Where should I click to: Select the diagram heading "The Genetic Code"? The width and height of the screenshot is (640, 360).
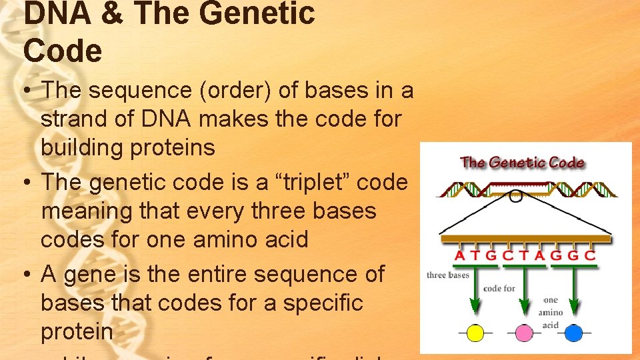point(522,162)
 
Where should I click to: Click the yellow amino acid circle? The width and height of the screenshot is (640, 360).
point(475,333)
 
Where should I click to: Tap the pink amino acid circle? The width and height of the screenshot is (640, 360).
point(524,333)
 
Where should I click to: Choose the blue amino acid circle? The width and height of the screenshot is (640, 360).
point(573,333)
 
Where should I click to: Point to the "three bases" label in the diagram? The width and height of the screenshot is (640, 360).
point(448,275)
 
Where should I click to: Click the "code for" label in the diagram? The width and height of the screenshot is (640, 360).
point(499,289)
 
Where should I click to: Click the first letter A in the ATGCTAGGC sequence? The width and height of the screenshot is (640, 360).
point(460,255)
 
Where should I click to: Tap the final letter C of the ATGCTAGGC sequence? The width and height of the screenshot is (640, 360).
point(589,255)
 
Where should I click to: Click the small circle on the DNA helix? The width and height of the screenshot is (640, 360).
point(515,195)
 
